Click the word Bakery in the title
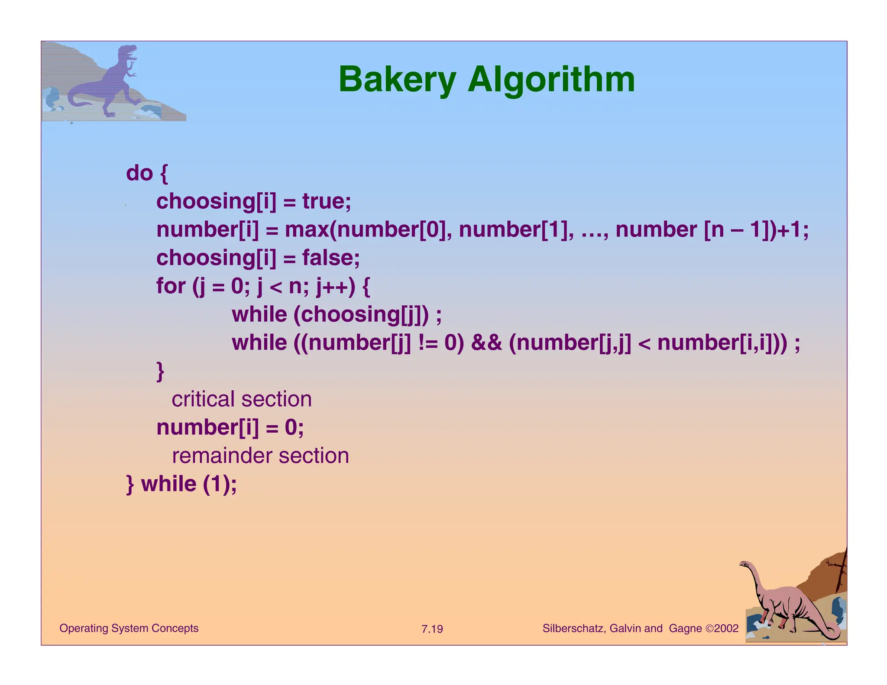pyautogui.click(x=397, y=80)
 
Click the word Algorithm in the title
pyautogui.click(x=551, y=80)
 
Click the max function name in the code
pyautogui.click(x=306, y=230)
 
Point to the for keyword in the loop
pyautogui.click(x=171, y=286)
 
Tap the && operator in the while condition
pyautogui.click(x=486, y=343)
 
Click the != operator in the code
pyautogui.click(x=428, y=343)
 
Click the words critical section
pyautogui.click(x=242, y=399)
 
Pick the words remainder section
pyautogui.click(x=260, y=456)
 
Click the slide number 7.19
pyautogui.click(x=432, y=629)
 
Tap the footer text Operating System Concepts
pyautogui.click(x=129, y=628)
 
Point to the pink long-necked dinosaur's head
pyautogui.click(x=745, y=564)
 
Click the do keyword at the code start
pyautogui.click(x=139, y=173)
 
